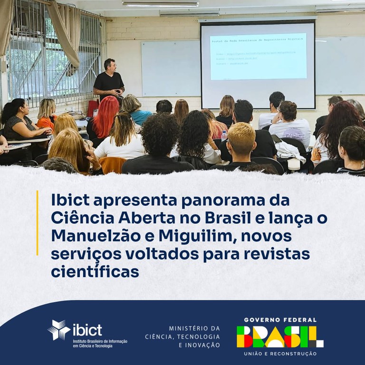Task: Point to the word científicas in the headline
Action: click(x=95, y=272)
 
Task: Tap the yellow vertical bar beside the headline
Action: click(x=37, y=222)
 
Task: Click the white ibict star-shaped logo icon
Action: click(x=59, y=330)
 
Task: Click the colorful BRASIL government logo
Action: click(x=280, y=336)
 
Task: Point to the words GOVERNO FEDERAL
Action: click(x=280, y=320)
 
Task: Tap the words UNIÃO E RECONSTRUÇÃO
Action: click(x=280, y=354)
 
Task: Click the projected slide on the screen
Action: click(x=258, y=56)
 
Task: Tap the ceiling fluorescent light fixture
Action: click(x=160, y=4)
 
